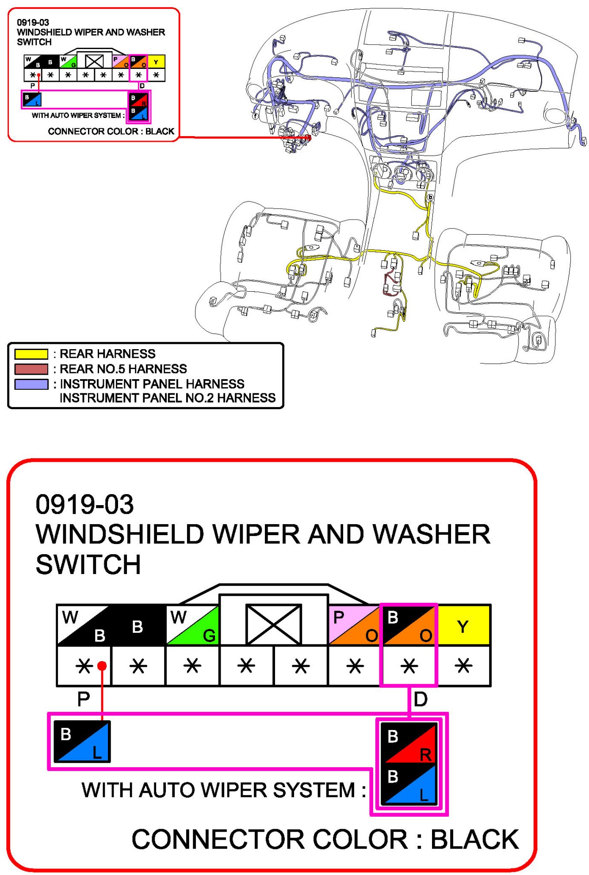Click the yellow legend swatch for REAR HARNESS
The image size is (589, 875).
[x=31, y=354]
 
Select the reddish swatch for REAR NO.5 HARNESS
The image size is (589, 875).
[x=31, y=369]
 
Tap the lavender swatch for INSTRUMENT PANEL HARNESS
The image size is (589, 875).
[x=31, y=384]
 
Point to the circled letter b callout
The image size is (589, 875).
[x=430, y=197]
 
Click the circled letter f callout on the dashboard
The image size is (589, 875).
[x=255, y=116]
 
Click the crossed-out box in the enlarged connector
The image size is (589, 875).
[x=273, y=624]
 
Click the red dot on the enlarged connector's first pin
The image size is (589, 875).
[x=102, y=666]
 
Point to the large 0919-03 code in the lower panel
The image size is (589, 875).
[x=84, y=504]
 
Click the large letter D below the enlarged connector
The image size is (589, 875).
[x=420, y=699]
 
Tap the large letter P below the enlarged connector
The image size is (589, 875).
[x=84, y=699]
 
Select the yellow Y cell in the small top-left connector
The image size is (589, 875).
[x=156, y=62]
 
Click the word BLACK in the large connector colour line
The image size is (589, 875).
[x=474, y=839]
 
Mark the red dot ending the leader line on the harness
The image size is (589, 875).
[x=309, y=138]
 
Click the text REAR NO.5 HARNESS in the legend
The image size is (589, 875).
[x=123, y=369]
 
